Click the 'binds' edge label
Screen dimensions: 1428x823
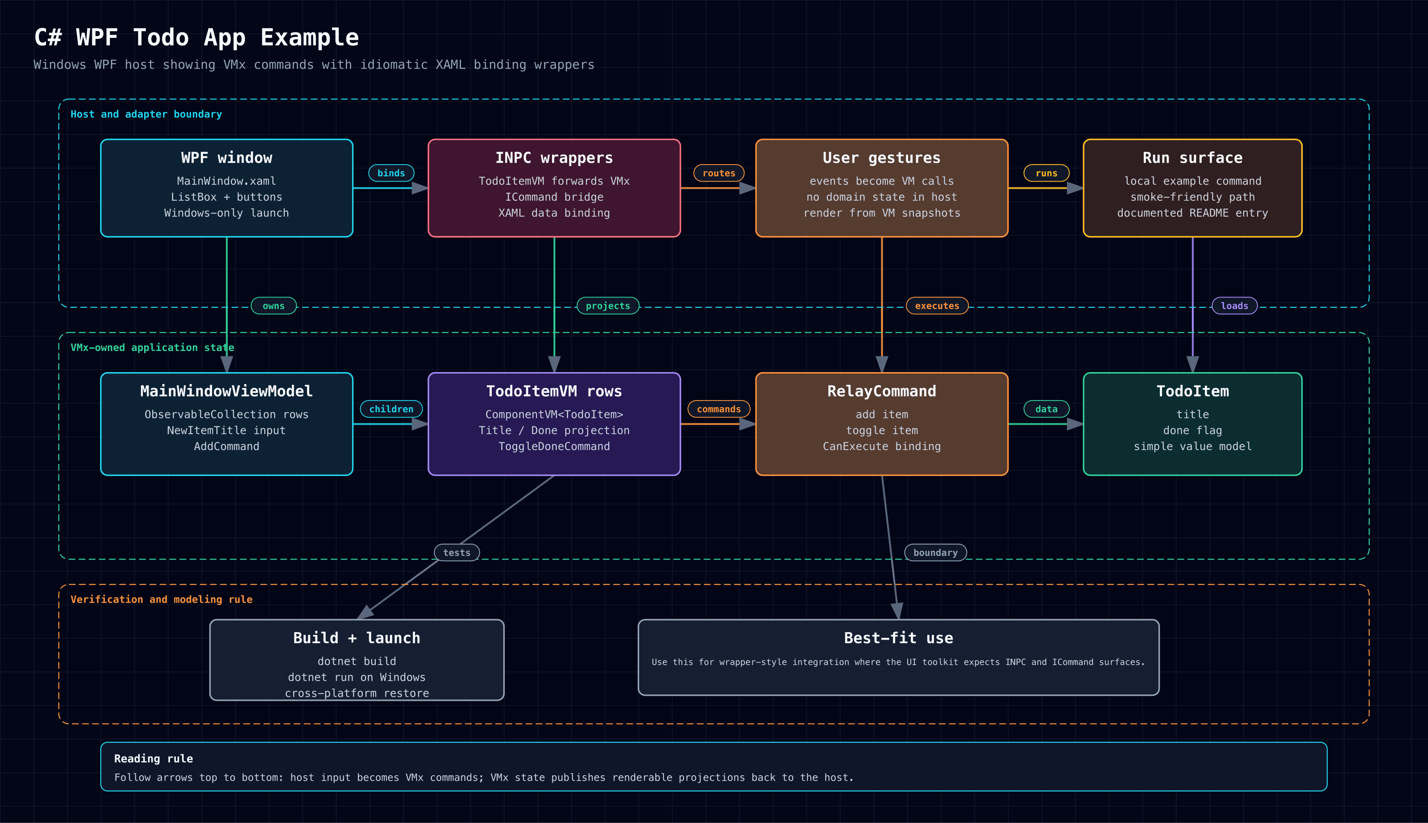391,173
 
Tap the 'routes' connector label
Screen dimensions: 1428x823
718,173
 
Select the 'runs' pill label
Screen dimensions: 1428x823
1046,173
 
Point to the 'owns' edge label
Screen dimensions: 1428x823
274,306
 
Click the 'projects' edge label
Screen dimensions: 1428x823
608,306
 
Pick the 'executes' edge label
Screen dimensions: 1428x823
937,306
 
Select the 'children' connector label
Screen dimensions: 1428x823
391,409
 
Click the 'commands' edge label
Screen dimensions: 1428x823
718,409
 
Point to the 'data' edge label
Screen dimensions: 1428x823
1046,409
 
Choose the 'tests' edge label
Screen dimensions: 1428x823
457,552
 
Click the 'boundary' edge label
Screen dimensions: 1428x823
936,552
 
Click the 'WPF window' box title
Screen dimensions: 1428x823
227,158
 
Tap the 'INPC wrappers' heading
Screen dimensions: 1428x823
554,158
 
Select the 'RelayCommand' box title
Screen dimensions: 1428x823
882,391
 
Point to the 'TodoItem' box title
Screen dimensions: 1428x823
1193,391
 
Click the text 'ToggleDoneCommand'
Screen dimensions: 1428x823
554,447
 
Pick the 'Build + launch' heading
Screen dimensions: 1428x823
357,638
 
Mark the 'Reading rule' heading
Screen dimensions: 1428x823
153,759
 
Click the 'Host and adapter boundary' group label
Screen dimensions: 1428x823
146,114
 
